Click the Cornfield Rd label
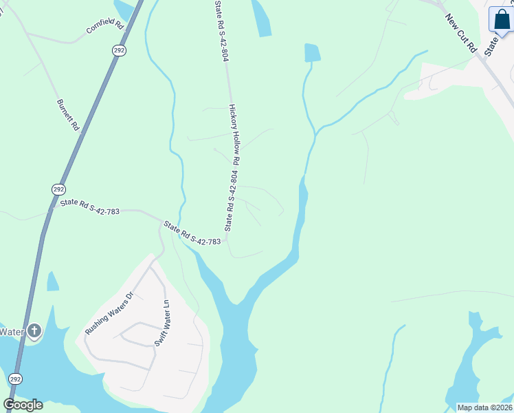pyautogui.click(x=105, y=27)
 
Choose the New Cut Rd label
pyautogui.click(x=460, y=33)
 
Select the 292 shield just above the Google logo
pyautogui.click(x=16, y=379)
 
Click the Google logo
pyautogui.click(x=23, y=405)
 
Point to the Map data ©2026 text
pyautogui.click(x=484, y=407)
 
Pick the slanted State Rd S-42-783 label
pyautogui.click(x=192, y=233)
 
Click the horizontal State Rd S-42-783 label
pyautogui.click(x=89, y=207)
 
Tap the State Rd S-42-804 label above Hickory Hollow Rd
pyautogui.click(x=220, y=31)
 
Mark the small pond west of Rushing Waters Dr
pyautogui.click(x=52, y=282)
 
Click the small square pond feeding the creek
pyautogui.click(x=312, y=52)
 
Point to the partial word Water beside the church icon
pyautogui.click(x=12, y=332)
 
